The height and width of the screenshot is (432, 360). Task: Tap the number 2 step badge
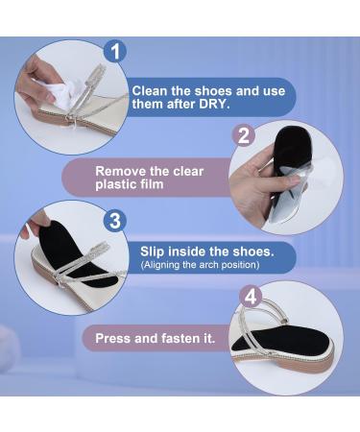point(245,135)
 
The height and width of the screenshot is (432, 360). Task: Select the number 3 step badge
point(115,221)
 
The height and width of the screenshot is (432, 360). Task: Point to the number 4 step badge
point(249,297)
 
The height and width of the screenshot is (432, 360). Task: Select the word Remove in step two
point(123,171)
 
